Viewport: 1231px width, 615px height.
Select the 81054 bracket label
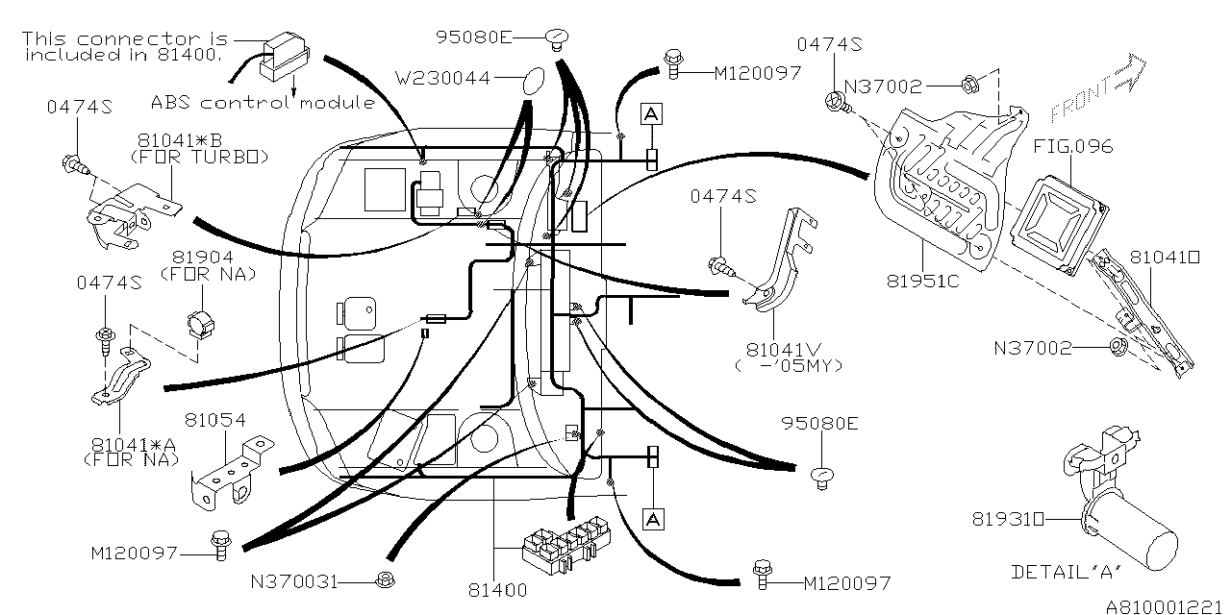pyautogui.click(x=214, y=420)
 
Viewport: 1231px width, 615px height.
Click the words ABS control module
pyautogui.click(x=262, y=102)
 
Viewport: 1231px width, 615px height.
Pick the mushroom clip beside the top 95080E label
pyautogui.click(x=557, y=37)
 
